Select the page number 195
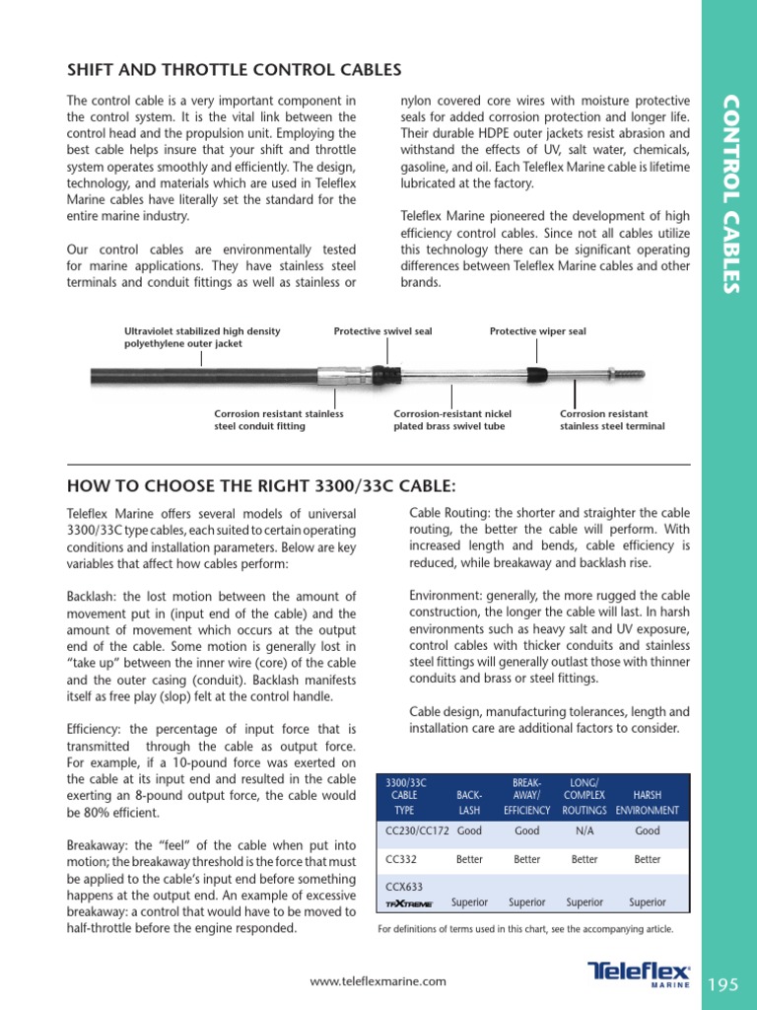(723, 983)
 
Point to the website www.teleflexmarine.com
(378, 981)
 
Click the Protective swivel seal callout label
(382, 331)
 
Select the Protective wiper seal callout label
(537, 331)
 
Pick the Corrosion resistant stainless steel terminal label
(612, 420)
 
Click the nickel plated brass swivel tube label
(452, 420)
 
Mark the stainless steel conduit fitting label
(279, 420)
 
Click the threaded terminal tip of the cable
(630, 375)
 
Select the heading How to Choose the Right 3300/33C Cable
(261, 485)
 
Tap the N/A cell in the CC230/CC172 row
(585, 831)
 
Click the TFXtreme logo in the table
(407, 903)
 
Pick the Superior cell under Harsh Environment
(648, 902)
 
